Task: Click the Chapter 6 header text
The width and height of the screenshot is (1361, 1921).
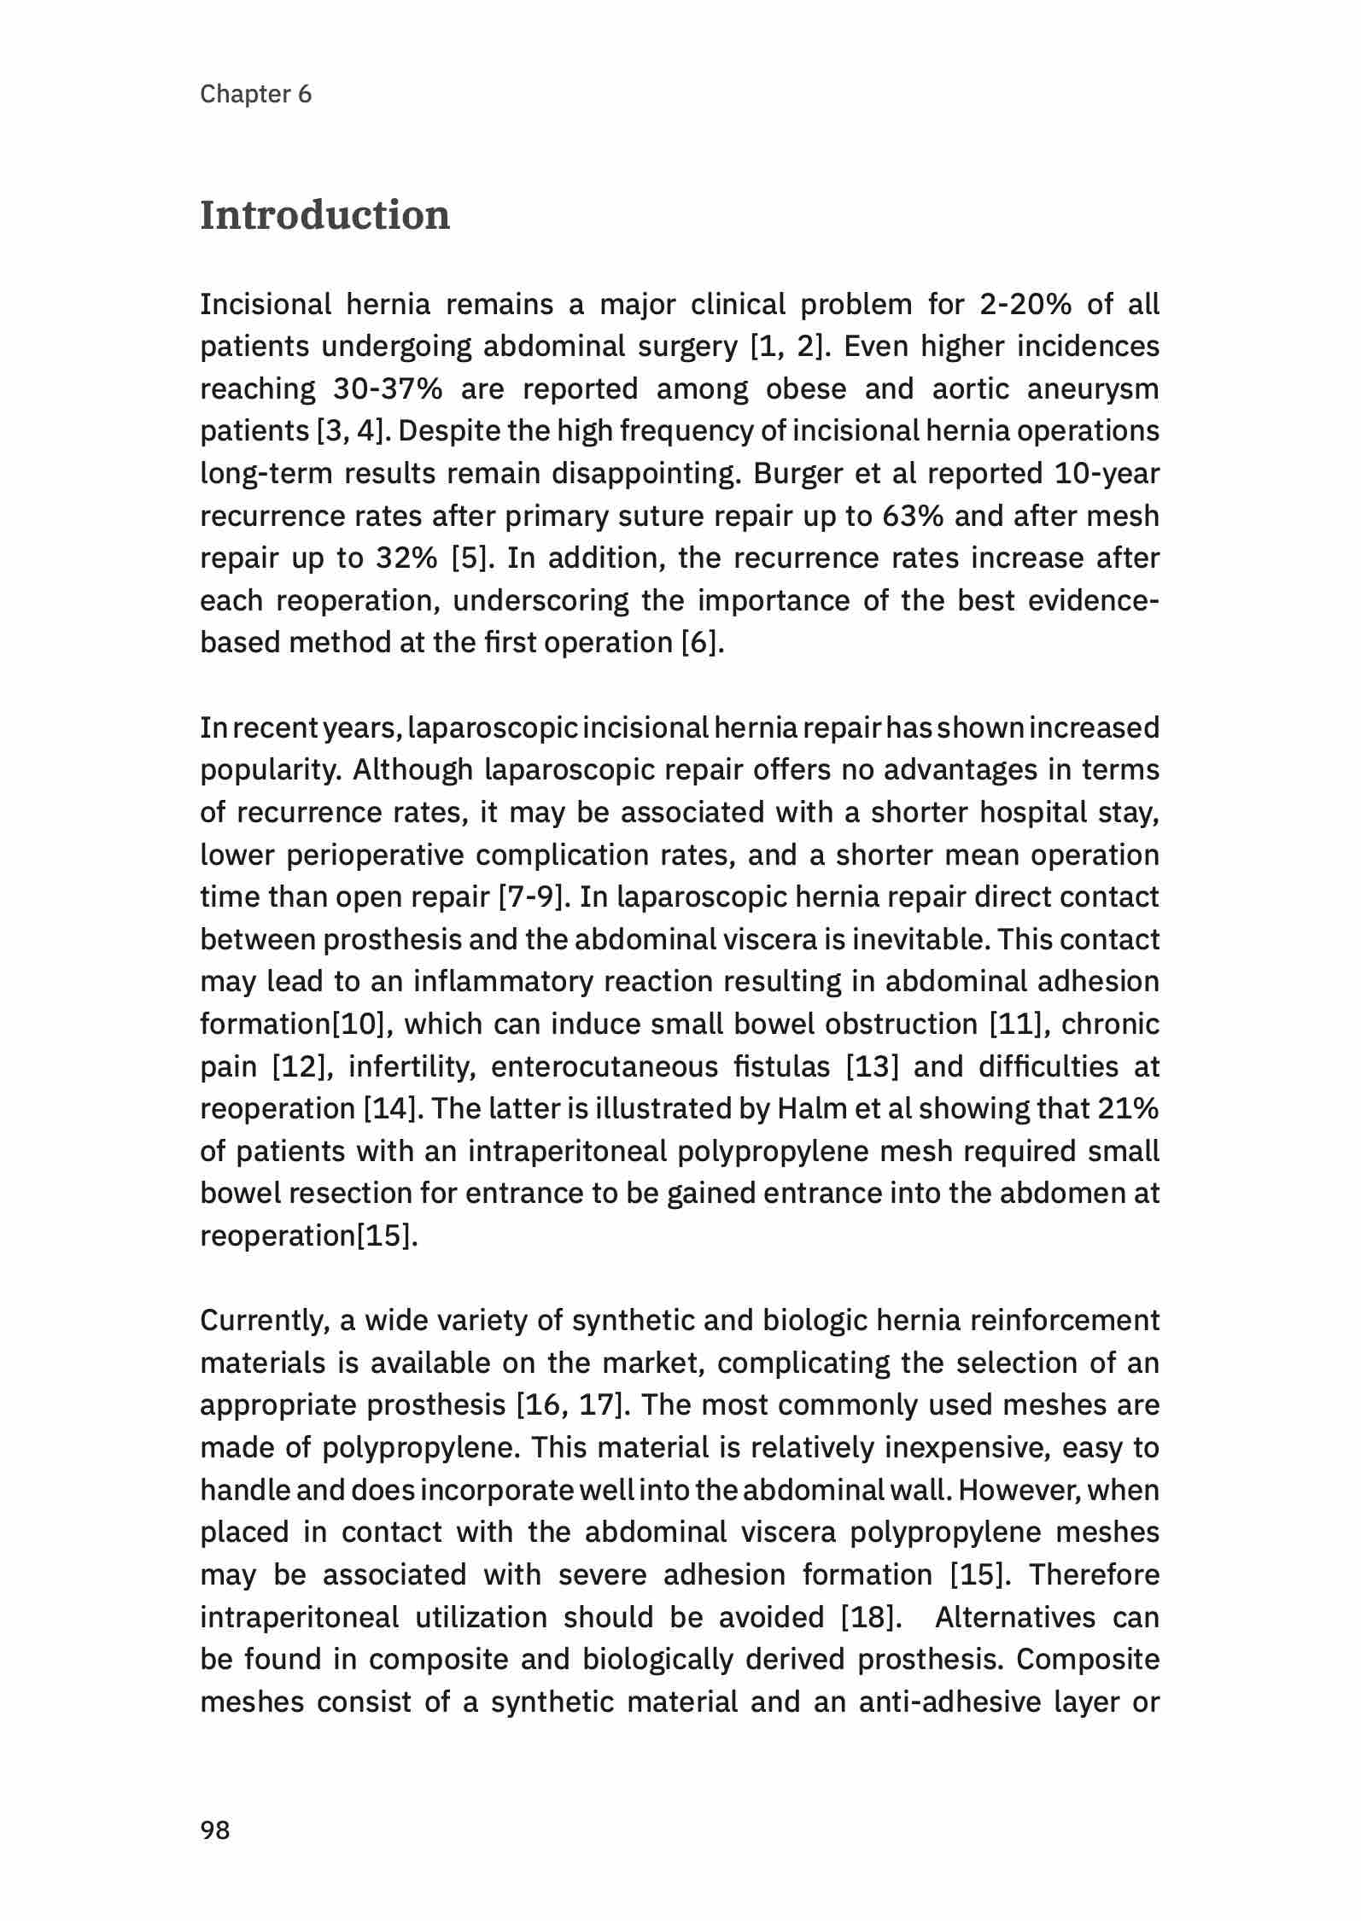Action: tap(255, 94)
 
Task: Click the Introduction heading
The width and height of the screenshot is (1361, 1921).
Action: tap(324, 215)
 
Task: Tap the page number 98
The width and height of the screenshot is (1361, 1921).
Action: tap(214, 1830)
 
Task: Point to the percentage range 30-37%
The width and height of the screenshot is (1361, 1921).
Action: tap(388, 389)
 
